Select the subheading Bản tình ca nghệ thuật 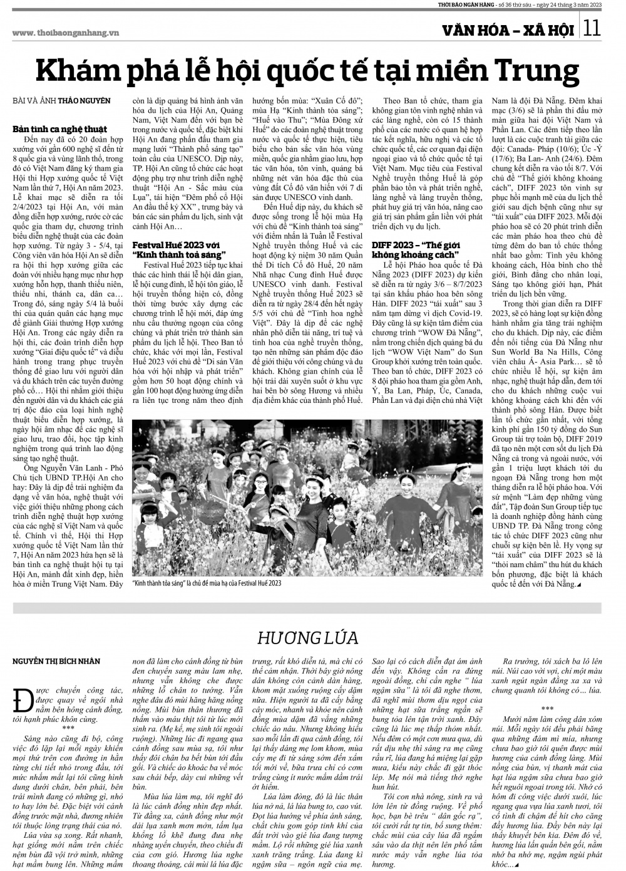click(x=60, y=128)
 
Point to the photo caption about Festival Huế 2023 click(x=207, y=583)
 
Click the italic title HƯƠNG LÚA click(x=307, y=638)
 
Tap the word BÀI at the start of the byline click(x=20, y=100)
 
